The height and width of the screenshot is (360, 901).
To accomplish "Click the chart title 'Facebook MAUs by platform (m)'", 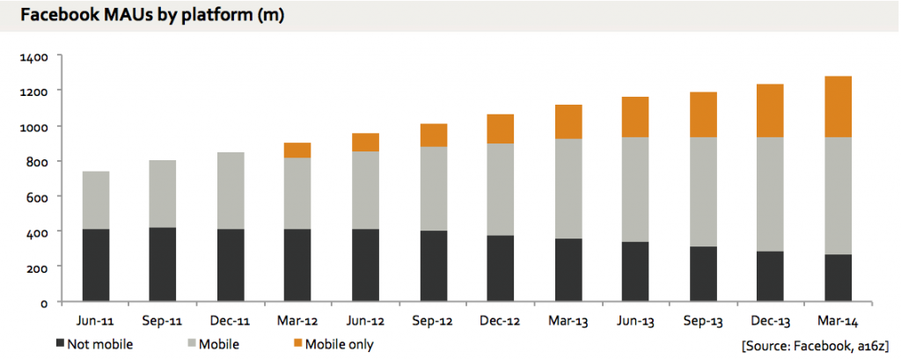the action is (152, 15).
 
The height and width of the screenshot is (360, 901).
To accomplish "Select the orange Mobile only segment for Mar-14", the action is (838, 107).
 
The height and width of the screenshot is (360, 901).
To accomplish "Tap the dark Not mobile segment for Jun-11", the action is (96, 265).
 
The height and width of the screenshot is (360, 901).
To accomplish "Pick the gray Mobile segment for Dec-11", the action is (231, 190).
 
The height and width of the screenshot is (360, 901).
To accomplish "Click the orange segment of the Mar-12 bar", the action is (297, 151).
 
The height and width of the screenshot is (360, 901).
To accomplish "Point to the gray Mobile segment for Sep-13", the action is (703, 192).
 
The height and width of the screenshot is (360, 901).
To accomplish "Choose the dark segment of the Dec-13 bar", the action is (770, 276).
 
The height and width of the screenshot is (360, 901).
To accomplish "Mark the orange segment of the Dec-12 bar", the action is (501, 129).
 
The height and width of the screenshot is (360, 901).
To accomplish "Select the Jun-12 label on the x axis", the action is (365, 321).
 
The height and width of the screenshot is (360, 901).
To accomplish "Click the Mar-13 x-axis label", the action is (568, 321).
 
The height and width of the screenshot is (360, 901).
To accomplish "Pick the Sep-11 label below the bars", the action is (163, 321).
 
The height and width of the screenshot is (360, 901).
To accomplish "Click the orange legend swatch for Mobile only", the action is (297, 344).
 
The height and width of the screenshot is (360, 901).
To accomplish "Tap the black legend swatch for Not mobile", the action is (61, 344).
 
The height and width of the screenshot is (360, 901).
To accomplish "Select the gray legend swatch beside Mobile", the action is (192, 344).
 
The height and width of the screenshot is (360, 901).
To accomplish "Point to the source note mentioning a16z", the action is (816, 345).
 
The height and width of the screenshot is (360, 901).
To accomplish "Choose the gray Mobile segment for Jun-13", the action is (635, 190).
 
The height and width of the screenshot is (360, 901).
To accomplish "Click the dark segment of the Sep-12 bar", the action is (433, 267).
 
